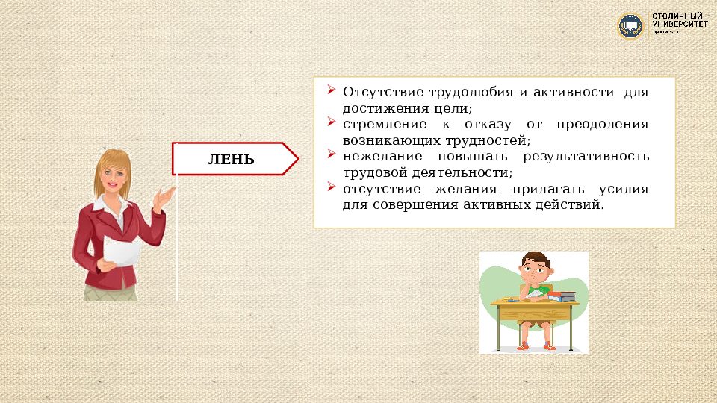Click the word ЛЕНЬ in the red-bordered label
(x=231, y=160)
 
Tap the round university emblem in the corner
(x=630, y=26)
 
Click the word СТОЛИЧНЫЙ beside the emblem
(x=680, y=16)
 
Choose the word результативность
(x=586, y=157)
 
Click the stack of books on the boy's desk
(x=562, y=296)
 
